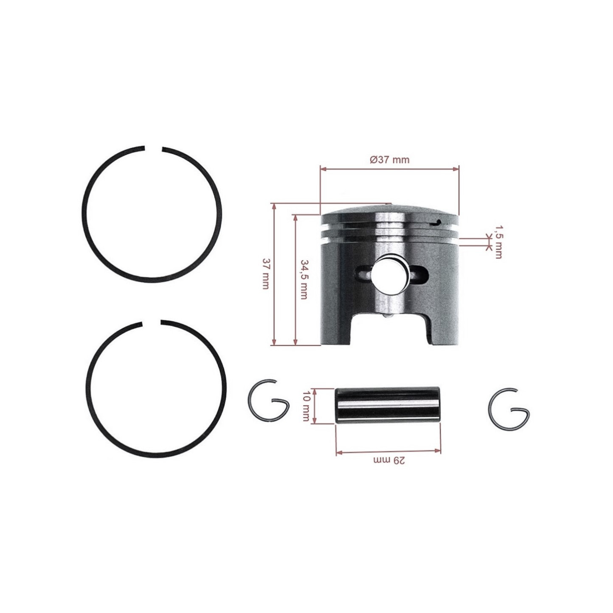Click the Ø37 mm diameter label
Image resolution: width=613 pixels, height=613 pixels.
pyautogui.click(x=390, y=160)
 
